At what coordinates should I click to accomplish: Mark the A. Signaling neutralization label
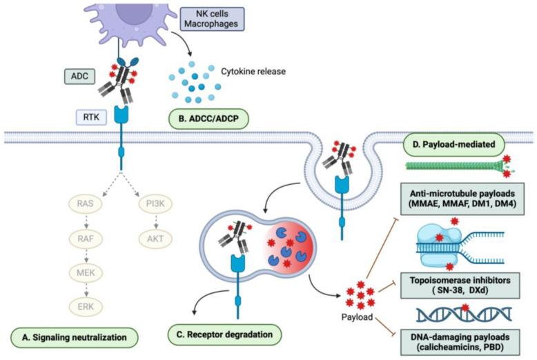(x=74, y=337)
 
